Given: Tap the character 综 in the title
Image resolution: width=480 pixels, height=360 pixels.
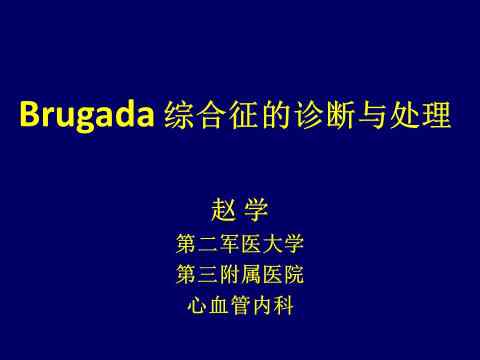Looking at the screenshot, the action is pos(179,114).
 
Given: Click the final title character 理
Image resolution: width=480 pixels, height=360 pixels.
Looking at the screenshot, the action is pos(437,114).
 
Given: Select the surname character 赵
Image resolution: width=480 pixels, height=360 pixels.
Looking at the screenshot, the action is pos(224,210).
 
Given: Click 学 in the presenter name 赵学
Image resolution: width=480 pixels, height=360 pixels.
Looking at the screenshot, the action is pos(256,210).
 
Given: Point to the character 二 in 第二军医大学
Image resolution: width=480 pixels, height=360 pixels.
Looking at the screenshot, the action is pos(208,244).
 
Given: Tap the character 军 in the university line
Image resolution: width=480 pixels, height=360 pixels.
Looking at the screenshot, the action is pos(229,244).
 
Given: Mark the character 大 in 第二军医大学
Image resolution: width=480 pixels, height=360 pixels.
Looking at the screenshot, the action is pos(272,244).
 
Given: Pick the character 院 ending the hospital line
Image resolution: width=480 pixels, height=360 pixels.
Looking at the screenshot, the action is pos(294,274).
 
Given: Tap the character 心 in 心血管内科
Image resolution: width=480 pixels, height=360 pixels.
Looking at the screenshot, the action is pos(197,305).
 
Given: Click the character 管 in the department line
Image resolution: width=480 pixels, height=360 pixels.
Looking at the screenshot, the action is pos(240,305).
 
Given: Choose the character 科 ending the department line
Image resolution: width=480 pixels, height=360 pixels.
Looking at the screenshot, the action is pos(283,305).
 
